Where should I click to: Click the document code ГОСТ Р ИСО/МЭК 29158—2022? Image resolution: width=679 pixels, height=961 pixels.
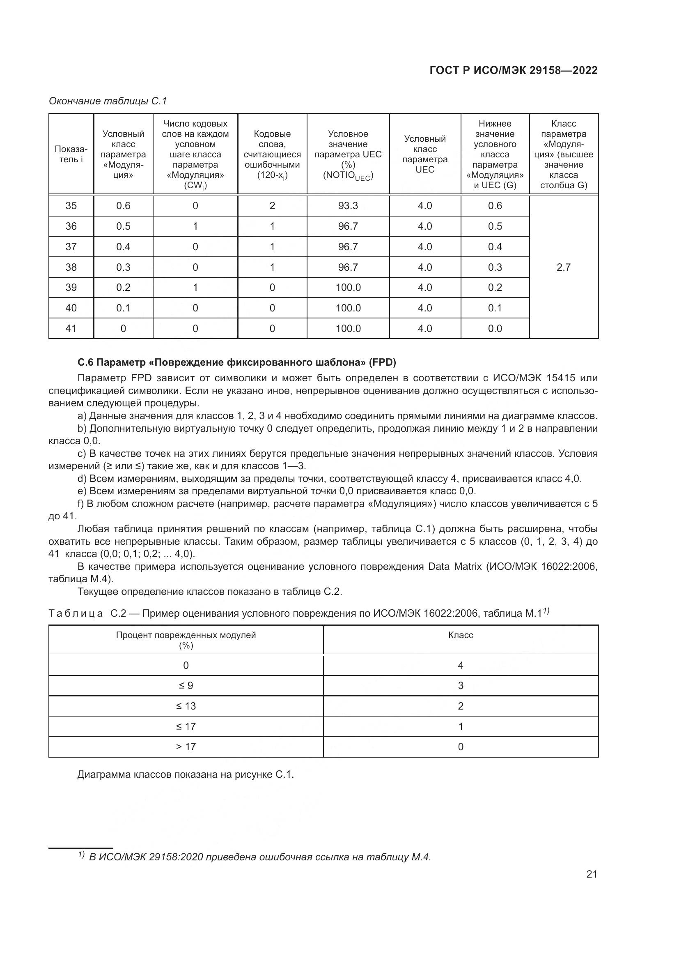click(514, 70)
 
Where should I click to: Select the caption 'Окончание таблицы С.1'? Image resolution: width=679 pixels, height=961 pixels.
click(108, 101)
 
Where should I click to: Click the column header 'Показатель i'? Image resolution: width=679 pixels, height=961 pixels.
click(71, 154)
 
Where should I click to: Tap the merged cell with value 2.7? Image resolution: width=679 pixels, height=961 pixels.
click(563, 267)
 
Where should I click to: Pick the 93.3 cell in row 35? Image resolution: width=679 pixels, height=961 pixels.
click(348, 205)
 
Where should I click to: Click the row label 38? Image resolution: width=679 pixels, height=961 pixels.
click(71, 267)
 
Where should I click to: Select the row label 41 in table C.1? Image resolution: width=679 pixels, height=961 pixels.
click(71, 329)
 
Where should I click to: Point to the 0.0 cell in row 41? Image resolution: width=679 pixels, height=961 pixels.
click(495, 329)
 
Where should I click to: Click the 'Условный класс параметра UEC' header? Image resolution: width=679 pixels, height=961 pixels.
click(425, 154)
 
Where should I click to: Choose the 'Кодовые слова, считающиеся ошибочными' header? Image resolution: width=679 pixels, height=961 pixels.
click(272, 154)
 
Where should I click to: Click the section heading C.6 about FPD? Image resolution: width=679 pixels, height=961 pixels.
click(236, 362)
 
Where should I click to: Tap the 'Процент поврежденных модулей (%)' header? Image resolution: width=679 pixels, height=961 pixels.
click(186, 640)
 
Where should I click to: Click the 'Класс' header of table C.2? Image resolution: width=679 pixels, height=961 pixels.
click(460, 635)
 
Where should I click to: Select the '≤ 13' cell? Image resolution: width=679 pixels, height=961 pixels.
click(186, 706)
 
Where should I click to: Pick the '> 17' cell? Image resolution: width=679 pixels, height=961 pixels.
click(186, 747)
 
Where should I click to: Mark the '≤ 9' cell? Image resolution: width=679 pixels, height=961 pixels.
click(186, 686)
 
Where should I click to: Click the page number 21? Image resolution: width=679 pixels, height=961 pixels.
click(592, 874)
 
